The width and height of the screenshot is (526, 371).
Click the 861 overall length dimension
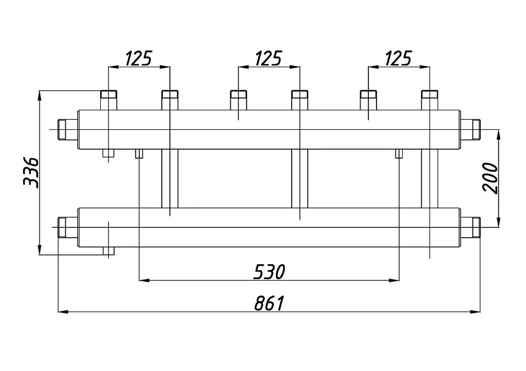pyautogui.click(x=269, y=303)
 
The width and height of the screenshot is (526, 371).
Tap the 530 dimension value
pyautogui.click(x=269, y=271)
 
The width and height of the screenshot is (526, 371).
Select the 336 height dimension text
pyautogui.click(x=31, y=172)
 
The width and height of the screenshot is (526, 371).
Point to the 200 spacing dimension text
pyautogui.click(x=490, y=178)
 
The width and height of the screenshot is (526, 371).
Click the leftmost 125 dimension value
pyautogui.click(x=139, y=58)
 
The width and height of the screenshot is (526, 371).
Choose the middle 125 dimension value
pyautogui.click(x=268, y=58)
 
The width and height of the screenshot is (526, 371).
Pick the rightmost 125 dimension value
pyautogui.click(x=398, y=58)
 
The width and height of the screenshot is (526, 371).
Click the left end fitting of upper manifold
pyautogui.click(x=68, y=130)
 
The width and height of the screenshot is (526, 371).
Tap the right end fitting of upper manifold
pyautogui.click(x=470, y=130)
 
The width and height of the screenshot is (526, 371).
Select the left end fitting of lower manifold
pyautogui.click(x=68, y=227)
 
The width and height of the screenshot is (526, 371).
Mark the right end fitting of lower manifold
pyautogui.click(x=470, y=227)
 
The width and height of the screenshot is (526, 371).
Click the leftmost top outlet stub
pyautogui.click(x=109, y=100)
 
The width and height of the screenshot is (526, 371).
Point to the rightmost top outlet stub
pyautogui.click(x=430, y=100)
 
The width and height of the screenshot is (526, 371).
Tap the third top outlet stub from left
pyautogui.click(x=238, y=100)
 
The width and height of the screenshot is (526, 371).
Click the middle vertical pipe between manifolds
pyautogui.click(x=300, y=179)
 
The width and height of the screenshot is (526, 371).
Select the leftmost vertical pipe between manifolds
pyautogui.click(x=170, y=179)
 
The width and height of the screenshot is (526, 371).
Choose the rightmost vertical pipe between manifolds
pyautogui.click(x=430, y=179)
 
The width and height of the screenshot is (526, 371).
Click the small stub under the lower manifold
pyautogui.click(x=109, y=251)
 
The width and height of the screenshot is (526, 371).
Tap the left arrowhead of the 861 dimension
pyautogui.click(x=63, y=311)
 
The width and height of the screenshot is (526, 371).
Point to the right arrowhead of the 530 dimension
pyautogui.click(x=394, y=280)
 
